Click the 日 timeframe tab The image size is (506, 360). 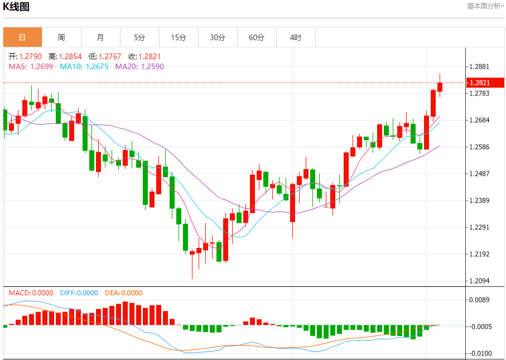click(x=22, y=37)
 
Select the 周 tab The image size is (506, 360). click(x=61, y=37)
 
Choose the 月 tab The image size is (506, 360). click(x=100, y=37)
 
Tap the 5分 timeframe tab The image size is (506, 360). click(x=139, y=37)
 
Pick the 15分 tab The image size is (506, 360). click(x=179, y=37)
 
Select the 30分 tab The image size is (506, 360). click(x=218, y=37)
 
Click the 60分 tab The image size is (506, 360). click(x=257, y=37)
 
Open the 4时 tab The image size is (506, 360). click(x=296, y=37)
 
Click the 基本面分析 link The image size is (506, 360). click(x=485, y=6)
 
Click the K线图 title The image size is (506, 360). click(x=17, y=7)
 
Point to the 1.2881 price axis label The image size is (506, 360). click(x=480, y=66)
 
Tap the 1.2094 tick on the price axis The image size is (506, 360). click(x=480, y=281)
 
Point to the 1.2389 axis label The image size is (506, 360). click(x=480, y=200)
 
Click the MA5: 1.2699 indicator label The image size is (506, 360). click(x=31, y=66)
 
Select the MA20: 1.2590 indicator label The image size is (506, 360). click(x=139, y=66)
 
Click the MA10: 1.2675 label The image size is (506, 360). click(x=85, y=66)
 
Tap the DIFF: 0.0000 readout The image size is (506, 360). click(x=79, y=293)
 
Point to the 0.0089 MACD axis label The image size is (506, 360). click(x=480, y=300)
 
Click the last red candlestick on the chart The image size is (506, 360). click(x=440, y=87)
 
